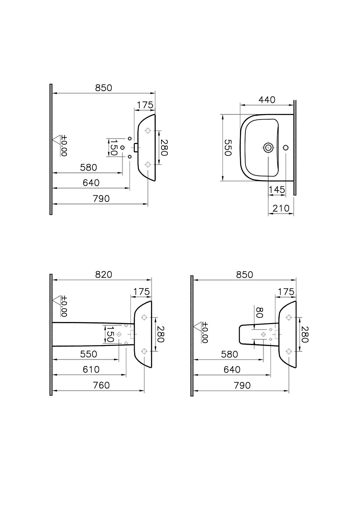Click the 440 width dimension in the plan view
click(x=267, y=100)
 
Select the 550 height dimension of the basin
click(x=228, y=147)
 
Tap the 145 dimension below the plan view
click(x=277, y=190)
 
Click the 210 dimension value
click(x=281, y=208)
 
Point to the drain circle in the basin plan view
click(x=268, y=147)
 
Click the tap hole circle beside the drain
click(x=286, y=147)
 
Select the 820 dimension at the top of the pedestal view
click(x=103, y=274)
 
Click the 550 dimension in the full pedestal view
click(x=88, y=354)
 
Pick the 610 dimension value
click(x=91, y=369)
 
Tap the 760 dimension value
click(x=101, y=385)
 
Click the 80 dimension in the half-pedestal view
click(x=260, y=312)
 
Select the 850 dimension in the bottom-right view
click(x=244, y=275)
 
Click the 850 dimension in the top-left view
click(x=103, y=88)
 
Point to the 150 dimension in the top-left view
click(x=113, y=147)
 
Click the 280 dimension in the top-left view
click(x=163, y=147)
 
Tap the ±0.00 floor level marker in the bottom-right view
click(x=205, y=332)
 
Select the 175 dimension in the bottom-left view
click(x=141, y=291)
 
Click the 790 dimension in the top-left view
click(x=101, y=199)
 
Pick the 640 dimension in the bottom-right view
click(x=232, y=370)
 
